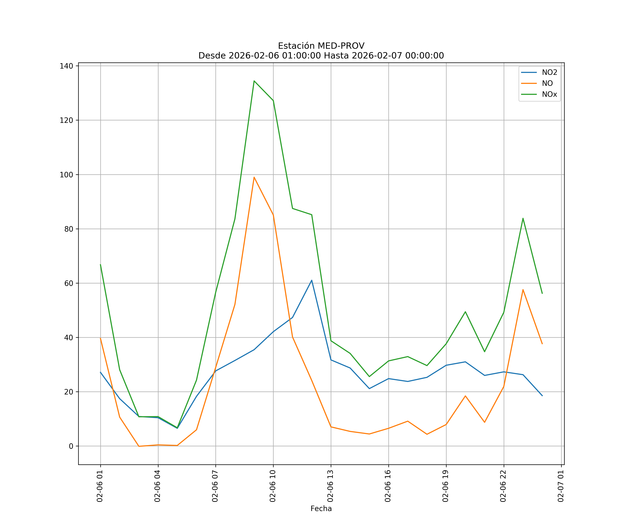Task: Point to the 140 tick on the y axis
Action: pos(66,66)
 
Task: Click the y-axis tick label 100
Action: pos(66,175)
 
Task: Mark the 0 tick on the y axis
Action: pos(71,446)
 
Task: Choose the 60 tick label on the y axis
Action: pos(68,283)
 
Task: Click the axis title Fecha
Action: pos(321,509)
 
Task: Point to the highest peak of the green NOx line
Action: pos(254,81)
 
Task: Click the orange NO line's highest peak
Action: pos(254,177)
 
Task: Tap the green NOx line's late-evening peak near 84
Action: pos(523,218)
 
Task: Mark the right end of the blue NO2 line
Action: pos(542,396)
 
